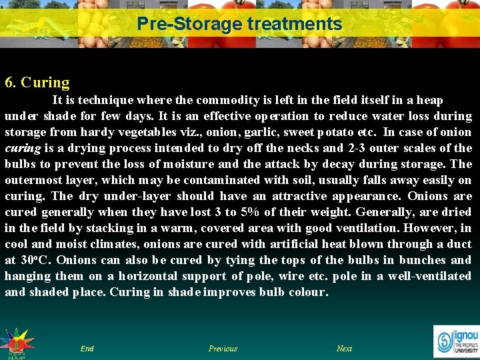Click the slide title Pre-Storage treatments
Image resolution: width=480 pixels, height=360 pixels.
(x=239, y=25)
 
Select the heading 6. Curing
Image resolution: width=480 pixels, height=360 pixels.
(x=37, y=83)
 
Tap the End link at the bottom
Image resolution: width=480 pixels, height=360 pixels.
(x=87, y=349)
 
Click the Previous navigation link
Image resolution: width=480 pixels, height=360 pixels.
(x=223, y=349)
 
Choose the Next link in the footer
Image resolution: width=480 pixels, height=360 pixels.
(x=344, y=349)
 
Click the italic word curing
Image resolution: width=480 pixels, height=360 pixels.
(x=20, y=148)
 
